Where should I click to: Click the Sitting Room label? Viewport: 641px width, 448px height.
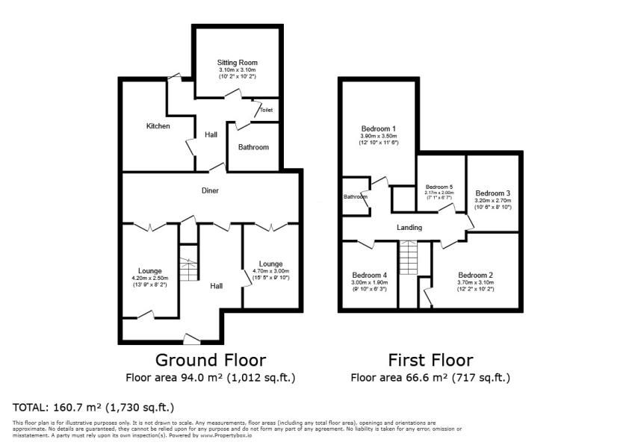click(x=237, y=62)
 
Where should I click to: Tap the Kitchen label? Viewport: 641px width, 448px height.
click(x=158, y=126)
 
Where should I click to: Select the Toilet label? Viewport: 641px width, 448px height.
click(x=267, y=111)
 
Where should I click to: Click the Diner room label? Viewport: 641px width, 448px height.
click(x=210, y=190)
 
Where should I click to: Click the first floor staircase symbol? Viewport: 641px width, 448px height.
click(x=407, y=259)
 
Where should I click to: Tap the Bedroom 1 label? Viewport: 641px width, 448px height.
click(x=378, y=128)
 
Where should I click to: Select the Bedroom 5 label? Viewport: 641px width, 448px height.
click(x=439, y=187)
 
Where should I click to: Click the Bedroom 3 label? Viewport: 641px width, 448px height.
click(x=492, y=193)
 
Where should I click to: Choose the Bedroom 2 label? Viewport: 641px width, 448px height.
click(x=476, y=275)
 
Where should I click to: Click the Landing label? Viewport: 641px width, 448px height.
click(x=409, y=228)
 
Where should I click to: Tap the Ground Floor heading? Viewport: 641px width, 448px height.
click(x=210, y=360)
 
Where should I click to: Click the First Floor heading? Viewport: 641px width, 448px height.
click(x=430, y=360)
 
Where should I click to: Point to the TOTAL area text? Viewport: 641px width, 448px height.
click(x=93, y=408)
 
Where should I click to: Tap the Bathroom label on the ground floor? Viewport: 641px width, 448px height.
click(x=253, y=147)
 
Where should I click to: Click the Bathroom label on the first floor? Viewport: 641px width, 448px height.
click(x=355, y=197)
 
